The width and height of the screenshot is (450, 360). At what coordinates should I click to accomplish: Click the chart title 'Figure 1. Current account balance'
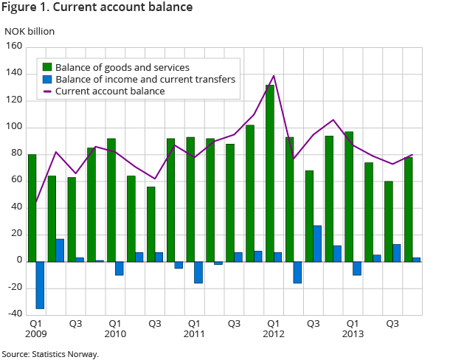tap(98, 8)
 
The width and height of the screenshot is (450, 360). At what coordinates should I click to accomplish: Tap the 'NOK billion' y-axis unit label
tap(30, 31)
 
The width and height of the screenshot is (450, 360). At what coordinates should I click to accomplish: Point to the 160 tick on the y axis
tap(13, 46)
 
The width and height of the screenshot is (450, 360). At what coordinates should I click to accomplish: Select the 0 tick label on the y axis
tap(18, 261)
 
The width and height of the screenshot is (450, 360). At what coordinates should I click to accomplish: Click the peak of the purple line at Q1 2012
tap(274, 75)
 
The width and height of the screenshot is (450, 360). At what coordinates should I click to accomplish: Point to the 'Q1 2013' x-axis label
tap(353, 329)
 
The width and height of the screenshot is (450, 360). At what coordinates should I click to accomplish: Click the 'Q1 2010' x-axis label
tap(115, 329)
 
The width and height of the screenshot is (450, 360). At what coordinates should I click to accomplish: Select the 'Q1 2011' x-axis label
tap(194, 329)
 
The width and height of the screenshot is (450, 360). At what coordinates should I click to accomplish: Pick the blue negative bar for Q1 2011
tap(198, 272)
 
